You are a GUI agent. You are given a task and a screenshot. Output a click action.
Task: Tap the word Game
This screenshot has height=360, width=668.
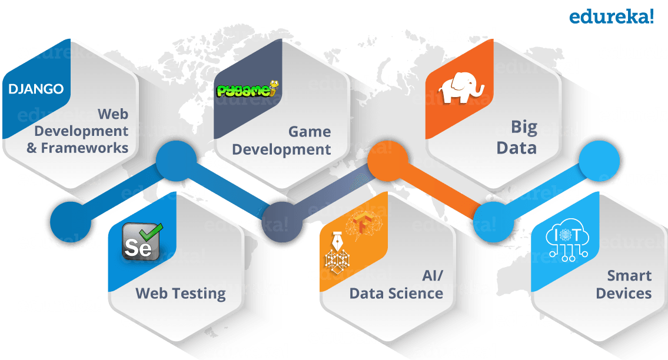(x=309, y=132)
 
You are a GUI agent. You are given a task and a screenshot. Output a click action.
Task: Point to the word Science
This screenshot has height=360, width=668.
(x=416, y=293)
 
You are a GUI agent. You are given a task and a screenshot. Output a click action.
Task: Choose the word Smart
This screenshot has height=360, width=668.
(x=629, y=276)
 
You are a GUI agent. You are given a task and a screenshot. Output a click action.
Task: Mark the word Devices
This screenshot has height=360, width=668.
(x=623, y=293)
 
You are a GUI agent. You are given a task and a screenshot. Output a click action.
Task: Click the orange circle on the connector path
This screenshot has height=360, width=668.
(x=387, y=159)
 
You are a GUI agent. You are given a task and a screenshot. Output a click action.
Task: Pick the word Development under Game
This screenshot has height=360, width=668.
(x=281, y=149)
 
